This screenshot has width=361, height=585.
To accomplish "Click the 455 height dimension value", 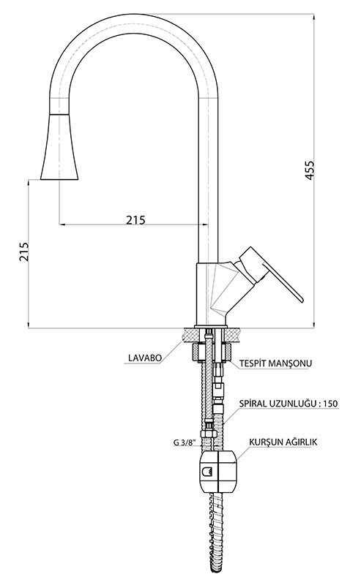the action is (x=310, y=170).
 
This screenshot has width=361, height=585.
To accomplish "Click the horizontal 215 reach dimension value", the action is (x=135, y=220).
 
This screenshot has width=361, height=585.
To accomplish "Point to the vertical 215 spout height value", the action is (x=23, y=252).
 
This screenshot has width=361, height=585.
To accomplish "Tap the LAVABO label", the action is (x=145, y=358).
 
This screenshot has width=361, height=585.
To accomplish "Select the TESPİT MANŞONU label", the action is (x=275, y=363).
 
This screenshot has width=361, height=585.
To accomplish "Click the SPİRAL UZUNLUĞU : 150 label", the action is (x=289, y=404).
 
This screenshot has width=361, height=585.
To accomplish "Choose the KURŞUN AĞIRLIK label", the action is (x=283, y=442).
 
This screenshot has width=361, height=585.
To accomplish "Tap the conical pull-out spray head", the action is (x=59, y=146).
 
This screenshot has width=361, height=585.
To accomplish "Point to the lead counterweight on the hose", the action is (x=219, y=471).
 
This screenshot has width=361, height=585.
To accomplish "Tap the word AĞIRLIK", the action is (x=299, y=442).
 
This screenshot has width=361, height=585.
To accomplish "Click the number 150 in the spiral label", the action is (x=331, y=404).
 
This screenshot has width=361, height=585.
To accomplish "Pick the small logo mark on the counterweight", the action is (x=207, y=472).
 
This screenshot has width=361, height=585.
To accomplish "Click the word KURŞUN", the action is (x=264, y=442).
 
